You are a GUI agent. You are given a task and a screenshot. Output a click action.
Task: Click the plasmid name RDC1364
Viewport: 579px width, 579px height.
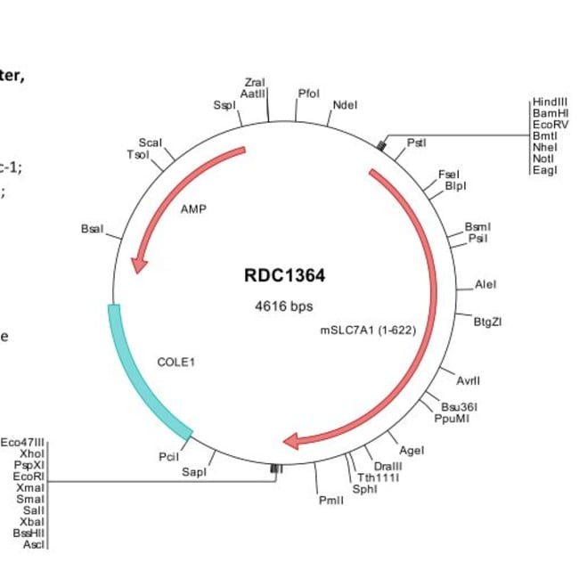pyautogui.click(x=284, y=276)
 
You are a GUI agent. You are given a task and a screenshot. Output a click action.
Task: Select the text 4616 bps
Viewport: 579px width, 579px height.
pyautogui.click(x=284, y=306)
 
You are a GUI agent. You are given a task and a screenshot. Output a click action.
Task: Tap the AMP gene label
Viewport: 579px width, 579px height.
pyautogui.click(x=193, y=209)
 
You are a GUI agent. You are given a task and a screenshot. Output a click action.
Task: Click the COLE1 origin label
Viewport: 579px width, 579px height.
pyautogui.click(x=175, y=363)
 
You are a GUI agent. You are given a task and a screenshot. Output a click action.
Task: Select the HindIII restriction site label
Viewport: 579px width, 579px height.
pyautogui.click(x=550, y=102)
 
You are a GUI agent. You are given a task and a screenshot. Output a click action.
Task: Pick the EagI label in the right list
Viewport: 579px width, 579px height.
pyautogui.click(x=543, y=170)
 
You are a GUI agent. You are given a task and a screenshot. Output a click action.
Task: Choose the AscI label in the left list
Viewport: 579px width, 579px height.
pyautogui.click(x=34, y=543)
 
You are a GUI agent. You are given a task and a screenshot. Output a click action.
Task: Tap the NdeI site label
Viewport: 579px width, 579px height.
pyautogui.click(x=345, y=105)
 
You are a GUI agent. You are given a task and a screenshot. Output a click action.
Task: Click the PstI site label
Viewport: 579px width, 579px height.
pyautogui.click(x=416, y=143)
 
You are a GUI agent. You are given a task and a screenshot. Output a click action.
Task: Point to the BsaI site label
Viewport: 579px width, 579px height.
pyautogui.click(x=92, y=229)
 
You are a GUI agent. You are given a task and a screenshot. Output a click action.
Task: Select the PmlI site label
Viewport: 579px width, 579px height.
pyautogui.click(x=330, y=500)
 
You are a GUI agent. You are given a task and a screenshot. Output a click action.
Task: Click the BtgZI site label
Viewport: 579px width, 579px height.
pyautogui.click(x=487, y=322)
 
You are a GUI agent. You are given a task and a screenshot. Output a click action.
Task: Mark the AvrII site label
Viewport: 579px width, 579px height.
pyautogui.click(x=468, y=380)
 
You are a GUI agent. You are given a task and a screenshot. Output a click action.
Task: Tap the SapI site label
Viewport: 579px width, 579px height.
pyautogui.click(x=194, y=472)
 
